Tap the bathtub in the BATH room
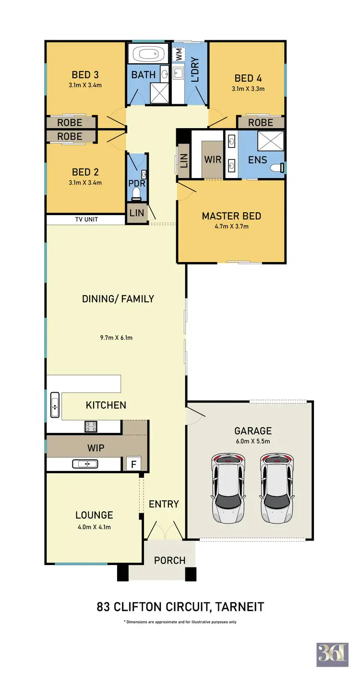coord(148,53)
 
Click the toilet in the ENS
coord(277,168)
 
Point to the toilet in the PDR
coord(137,193)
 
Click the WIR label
coord(212,159)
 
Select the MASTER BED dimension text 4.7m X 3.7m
coord(231,226)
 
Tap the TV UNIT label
coord(86,219)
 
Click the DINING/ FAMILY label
coord(118,299)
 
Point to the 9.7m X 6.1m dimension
coord(116,337)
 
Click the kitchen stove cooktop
coord(91,426)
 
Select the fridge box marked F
coord(133,464)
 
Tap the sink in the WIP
coord(85,464)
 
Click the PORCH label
coord(169,560)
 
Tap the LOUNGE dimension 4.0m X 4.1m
coord(94,527)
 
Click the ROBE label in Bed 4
coord(261,123)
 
